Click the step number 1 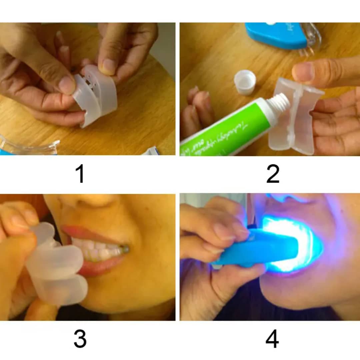(x=80, y=174)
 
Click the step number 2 (x=273, y=174)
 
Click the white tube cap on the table (x=245, y=82)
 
